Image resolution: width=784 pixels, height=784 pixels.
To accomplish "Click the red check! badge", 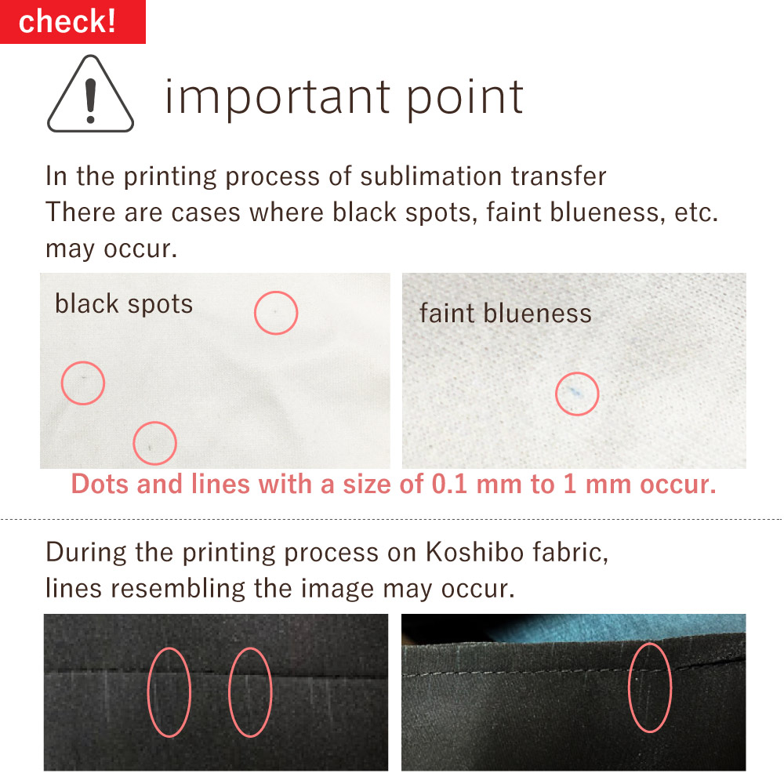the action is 72,21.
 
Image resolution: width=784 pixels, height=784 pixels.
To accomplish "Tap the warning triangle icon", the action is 90,94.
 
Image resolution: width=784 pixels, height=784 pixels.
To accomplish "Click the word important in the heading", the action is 278,98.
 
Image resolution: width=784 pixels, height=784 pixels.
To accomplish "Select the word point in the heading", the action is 465,98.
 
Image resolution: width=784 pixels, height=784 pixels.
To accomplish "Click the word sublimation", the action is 431,176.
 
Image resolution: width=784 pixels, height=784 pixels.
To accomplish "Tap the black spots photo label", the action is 124,304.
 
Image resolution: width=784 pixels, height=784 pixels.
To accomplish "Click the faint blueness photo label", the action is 506,314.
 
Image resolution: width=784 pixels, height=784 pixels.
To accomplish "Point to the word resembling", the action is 177,588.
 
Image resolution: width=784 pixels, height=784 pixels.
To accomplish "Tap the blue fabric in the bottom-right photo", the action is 615,626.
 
